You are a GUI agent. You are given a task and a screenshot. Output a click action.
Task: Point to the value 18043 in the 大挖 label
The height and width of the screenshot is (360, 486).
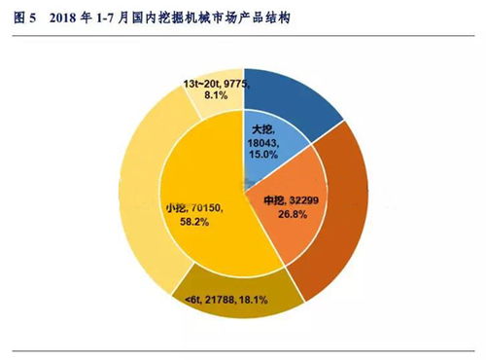pyautogui.click(x=264, y=141)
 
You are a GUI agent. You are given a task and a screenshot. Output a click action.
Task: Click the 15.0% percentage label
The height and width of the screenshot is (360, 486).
pyautogui.click(x=264, y=153)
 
